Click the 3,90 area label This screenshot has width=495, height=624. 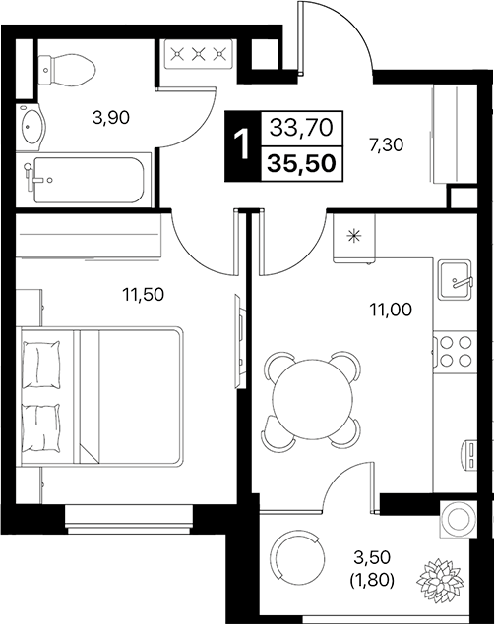(x=111, y=119)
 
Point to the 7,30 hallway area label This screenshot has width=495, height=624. (x=387, y=146)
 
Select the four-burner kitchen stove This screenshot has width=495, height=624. (x=455, y=351)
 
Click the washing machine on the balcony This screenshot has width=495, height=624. (x=459, y=518)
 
